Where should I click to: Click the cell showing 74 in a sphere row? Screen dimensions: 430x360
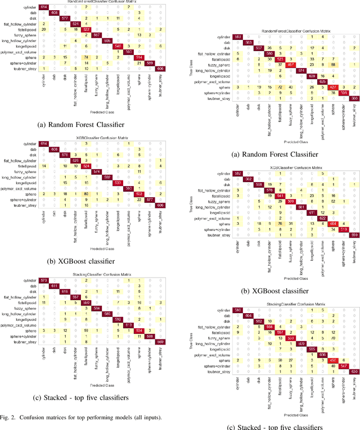pyautogui.click(x=86, y=57)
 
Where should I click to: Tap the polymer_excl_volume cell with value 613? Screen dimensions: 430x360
pyautogui.click(x=128, y=324)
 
